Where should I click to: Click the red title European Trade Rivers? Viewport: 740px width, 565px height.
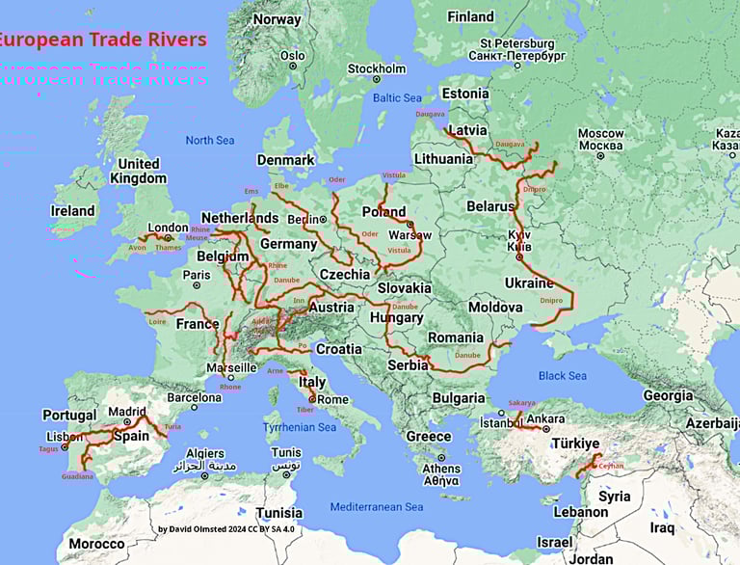pyautogui.click(x=101, y=40)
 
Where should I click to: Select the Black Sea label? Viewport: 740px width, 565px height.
pyautogui.click(x=563, y=375)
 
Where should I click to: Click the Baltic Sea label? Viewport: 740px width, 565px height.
pyautogui.click(x=397, y=97)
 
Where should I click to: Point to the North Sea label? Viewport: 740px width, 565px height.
pyautogui.click(x=210, y=141)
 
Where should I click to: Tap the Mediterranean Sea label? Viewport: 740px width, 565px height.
pyautogui.click(x=376, y=507)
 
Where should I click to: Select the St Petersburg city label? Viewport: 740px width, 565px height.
pyautogui.click(x=517, y=44)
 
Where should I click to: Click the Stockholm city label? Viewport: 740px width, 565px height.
pyautogui.click(x=377, y=68)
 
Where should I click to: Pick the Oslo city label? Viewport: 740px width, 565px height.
pyautogui.click(x=293, y=56)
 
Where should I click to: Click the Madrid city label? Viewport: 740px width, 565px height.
pyautogui.click(x=127, y=411)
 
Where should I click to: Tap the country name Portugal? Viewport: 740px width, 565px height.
pyautogui.click(x=69, y=416)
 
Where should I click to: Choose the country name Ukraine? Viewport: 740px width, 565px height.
pyautogui.click(x=529, y=282)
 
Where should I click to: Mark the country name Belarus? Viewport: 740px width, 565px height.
pyautogui.click(x=490, y=206)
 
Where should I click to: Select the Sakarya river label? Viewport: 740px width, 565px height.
pyautogui.click(x=521, y=403)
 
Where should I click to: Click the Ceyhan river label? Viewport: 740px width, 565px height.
pyautogui.click(x=611, y=466)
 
